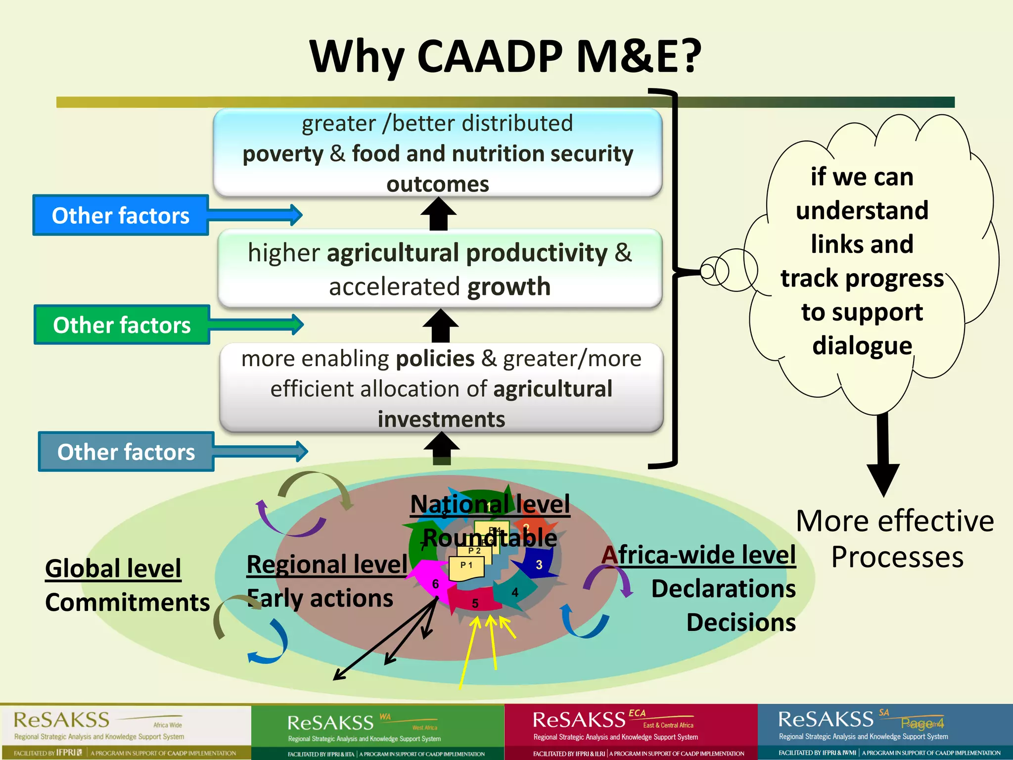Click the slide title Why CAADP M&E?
click(x=505, y=56)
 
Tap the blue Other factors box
click(x=121, y=216)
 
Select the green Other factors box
click(x=122, y=325)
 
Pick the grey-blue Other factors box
click(x=126, y=452)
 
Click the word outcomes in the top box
click(x=438, y=185)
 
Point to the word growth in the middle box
click(x=508, y=287)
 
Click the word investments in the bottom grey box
click(x=441, y=420)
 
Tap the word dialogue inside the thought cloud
click(x=862, y=345)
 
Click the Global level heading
click(x=113, y=569)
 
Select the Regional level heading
click(x=327, y=565)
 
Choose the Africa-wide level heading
click(x=699, y=555)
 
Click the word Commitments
click(x=127, y=603)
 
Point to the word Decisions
click(x=741, y=622)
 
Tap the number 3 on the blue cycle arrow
click(x=539, y=565)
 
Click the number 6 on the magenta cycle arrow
click(x=435, y=584)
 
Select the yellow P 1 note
click(x=466, y=567)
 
